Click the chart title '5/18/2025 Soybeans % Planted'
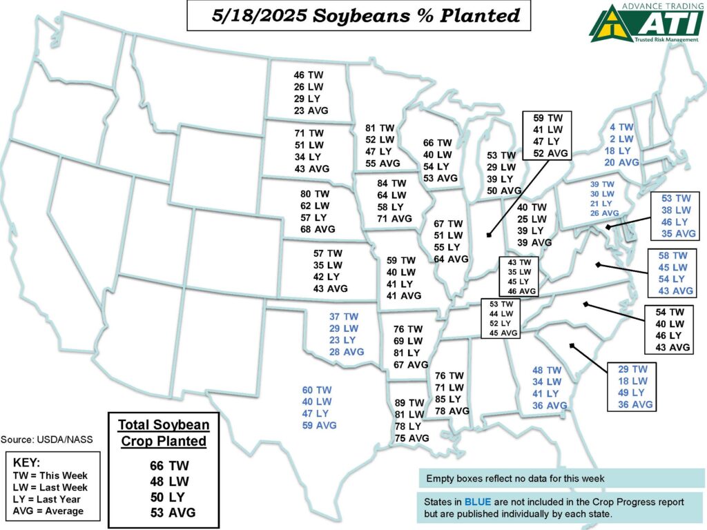(358, 16)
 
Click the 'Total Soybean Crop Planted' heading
(164, 432)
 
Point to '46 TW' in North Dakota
(308, 75)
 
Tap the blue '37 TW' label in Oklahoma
(344, 317)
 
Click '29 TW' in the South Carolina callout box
(632, 369)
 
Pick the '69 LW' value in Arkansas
(409, 341)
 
